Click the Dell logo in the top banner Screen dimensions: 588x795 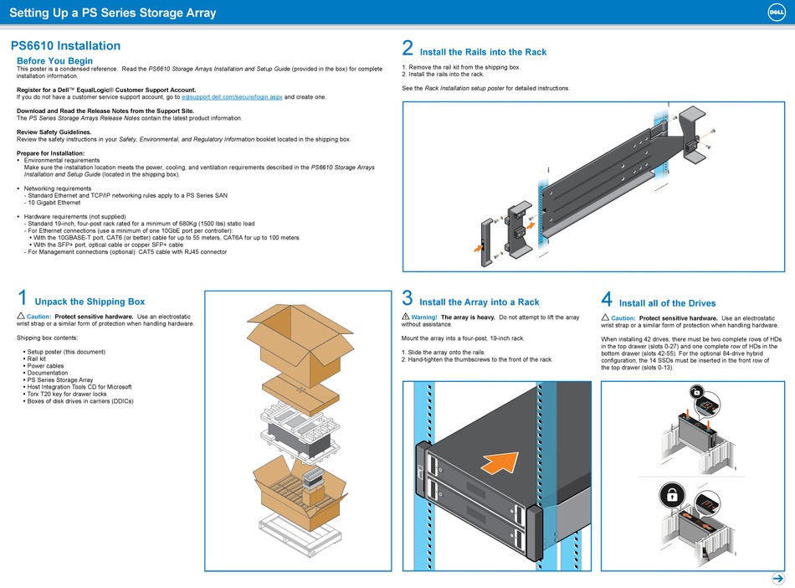[773, 12]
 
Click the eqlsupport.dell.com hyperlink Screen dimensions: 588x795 [233, 97]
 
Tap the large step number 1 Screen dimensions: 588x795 [23, 298]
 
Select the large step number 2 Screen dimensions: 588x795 [408, 49]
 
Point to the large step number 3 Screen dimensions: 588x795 [408, 298]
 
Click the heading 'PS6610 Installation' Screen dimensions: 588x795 [65, 46]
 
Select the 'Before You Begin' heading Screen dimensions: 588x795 [54, 61]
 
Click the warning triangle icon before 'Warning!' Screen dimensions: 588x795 [405, 317]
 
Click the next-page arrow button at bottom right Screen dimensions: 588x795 [775, 578]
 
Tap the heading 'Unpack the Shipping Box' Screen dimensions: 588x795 [90, 302]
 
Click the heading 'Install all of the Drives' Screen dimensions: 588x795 [667, 303]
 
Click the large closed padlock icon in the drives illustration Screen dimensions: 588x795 [671, 495]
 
